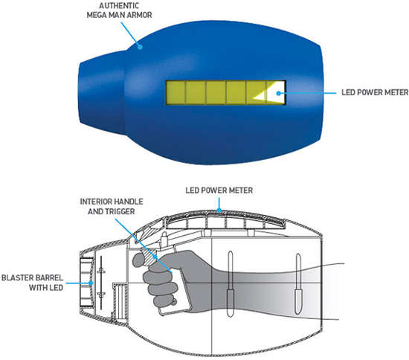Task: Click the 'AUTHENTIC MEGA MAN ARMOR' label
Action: click(x=119, y=10)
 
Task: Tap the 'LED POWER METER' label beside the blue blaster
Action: click(x=375, y=92)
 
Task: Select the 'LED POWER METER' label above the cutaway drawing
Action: click(x=219, y=190)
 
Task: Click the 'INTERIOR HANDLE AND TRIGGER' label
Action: click(x=112, y=206)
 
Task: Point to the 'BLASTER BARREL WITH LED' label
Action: click(x=32, y=282)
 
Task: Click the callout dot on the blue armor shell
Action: click(x=140, y=47)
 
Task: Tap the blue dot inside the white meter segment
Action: click(x=279, y=93)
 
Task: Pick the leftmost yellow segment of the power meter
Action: click(x=175, y=93)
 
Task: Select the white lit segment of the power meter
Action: click(x=271, y=93)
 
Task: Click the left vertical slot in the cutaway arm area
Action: click(x=230, y=284)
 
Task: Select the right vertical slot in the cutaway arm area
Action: click(x=298, y=284)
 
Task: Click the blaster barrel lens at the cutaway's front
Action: click(x=86, y=282)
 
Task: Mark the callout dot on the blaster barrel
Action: click(x=91, y=283)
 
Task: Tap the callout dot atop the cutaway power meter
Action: click(x=219, y=210)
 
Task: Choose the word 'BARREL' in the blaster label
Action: click(x=48, y=277)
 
